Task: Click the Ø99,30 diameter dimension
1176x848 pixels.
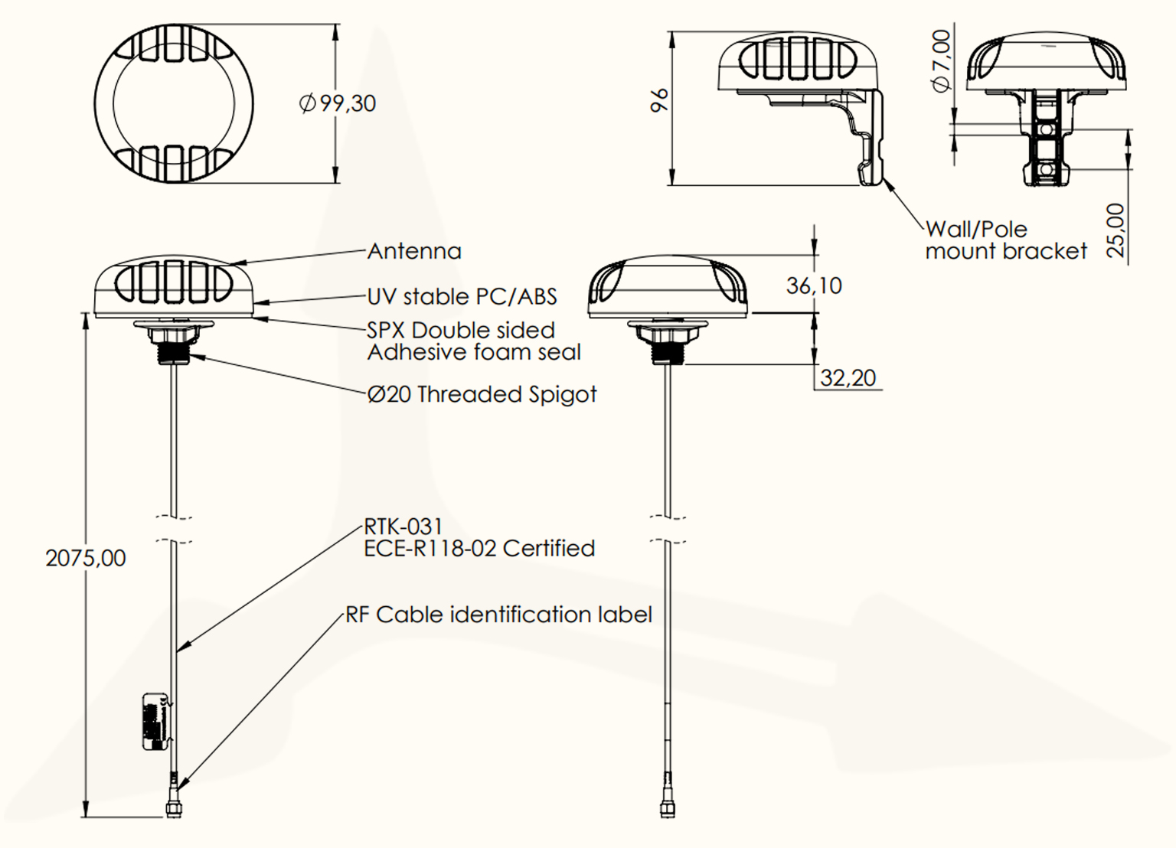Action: pos(338,103)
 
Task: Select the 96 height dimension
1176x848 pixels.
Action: pos(658,100)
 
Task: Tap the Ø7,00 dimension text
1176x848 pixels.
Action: pos(941,60)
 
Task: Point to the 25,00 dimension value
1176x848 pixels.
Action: pos(1116,230)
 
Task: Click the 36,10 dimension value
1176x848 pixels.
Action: pos(813,286)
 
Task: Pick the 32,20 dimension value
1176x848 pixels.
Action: pos(848,378)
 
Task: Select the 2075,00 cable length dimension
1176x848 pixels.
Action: pos(86,558)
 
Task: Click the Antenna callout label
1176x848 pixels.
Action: pos(414,252)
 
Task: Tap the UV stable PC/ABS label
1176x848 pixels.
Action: pos(462,297)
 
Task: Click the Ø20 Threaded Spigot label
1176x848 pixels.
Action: pos(482,394)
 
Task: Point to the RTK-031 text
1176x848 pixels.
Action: pos(403,527)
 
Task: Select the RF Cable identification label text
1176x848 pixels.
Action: pos(498,615)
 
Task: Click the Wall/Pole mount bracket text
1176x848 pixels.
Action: pos(1005,240)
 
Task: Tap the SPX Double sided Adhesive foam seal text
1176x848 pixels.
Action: pos(473,341)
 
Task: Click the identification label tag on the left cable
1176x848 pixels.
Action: pos(155,722)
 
